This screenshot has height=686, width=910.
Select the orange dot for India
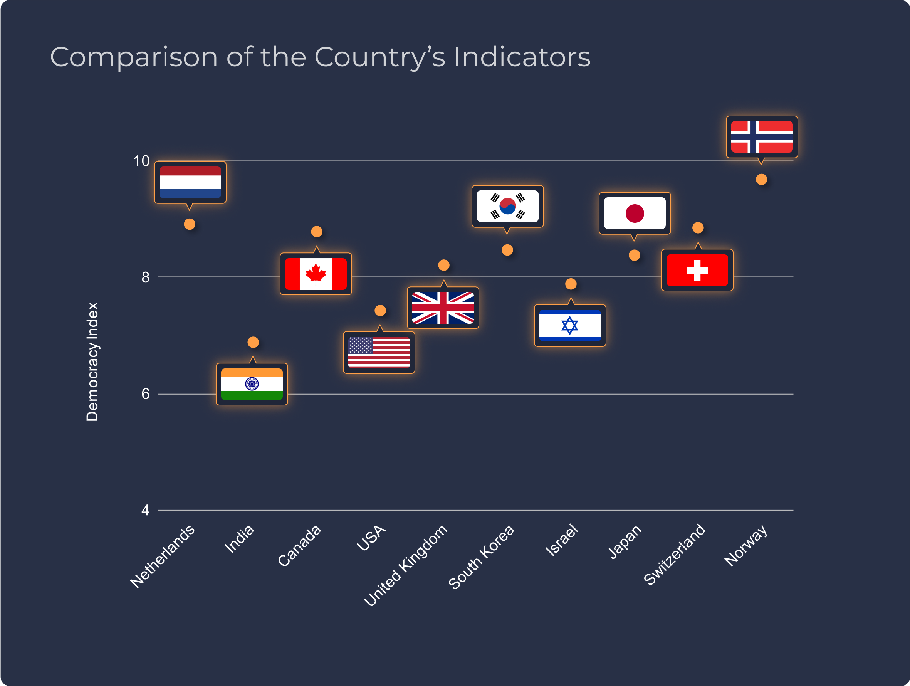point(253,342)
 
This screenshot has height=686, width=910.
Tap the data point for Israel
point(571,284)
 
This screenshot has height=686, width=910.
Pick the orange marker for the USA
point(380,310)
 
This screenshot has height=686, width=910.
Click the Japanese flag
point(635,213)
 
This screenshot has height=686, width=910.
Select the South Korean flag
point(507,206)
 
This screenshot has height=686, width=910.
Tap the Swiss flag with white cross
point(697,270)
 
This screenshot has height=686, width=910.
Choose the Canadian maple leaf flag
point(316,274)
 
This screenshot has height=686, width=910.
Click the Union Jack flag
point(443,308)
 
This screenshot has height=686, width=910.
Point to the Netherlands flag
point(190,182)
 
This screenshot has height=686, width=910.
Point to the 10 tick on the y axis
point(141,161)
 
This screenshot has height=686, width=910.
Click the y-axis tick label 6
point(145,394)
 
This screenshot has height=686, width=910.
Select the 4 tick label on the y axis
point(145,510)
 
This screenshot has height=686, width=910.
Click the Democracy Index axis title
point(92,362)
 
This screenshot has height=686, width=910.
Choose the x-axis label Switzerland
point(674,554)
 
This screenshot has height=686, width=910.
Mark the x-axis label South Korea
point(481,557)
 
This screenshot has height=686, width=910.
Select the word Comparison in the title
point(134,57)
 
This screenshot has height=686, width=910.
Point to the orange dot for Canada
point(316,232)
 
